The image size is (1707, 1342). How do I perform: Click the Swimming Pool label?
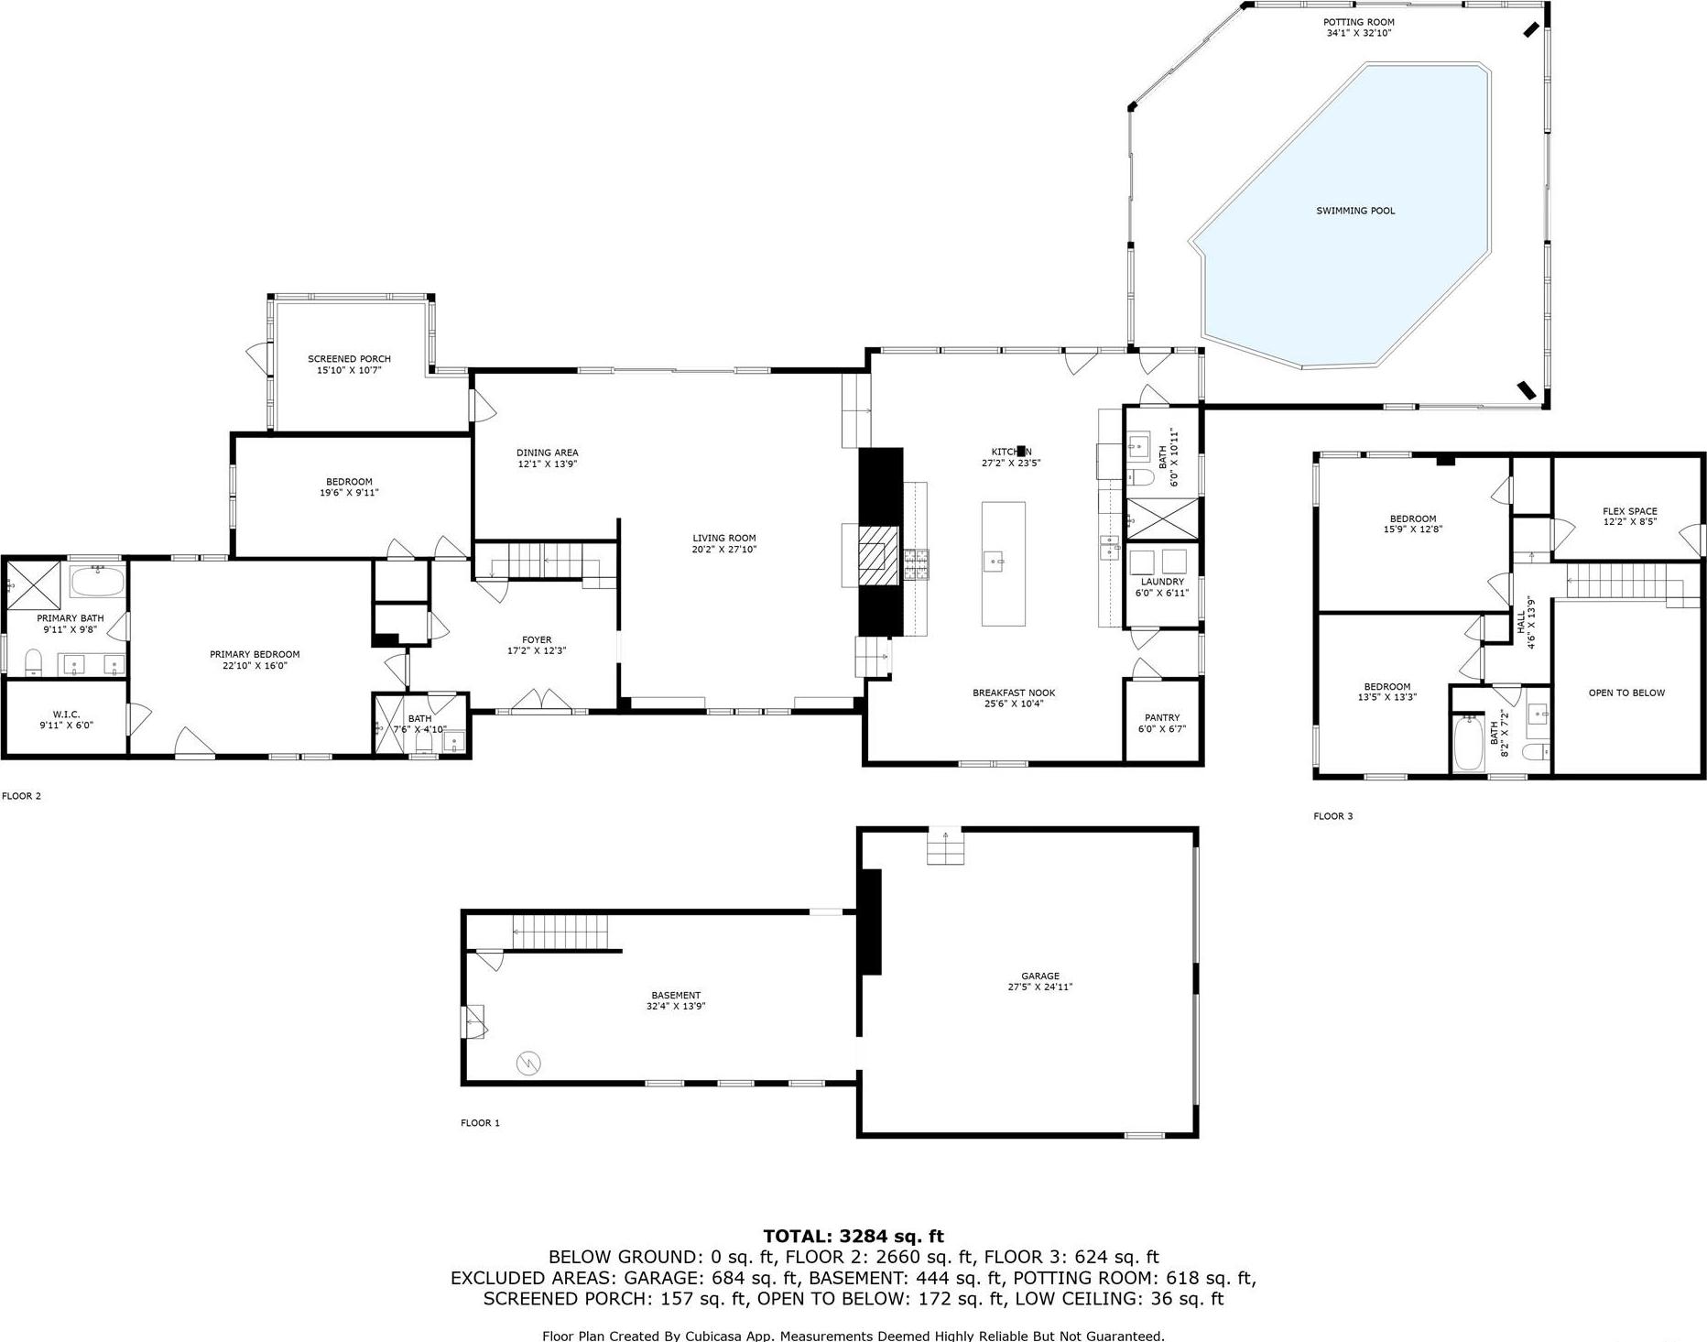(1355, 211)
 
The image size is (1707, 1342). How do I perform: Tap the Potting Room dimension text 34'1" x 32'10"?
(1358, 33)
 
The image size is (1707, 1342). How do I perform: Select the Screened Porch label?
(349, 359)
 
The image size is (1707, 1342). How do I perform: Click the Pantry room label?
(1162, 717)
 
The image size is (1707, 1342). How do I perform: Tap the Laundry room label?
(1162, 582)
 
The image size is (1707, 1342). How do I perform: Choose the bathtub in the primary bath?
(97, 581)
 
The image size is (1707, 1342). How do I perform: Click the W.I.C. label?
(66, 714)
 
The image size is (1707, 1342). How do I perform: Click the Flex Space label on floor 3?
(1629, 511)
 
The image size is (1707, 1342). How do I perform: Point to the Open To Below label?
(1626, 693)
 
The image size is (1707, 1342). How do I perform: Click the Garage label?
(1040, 976)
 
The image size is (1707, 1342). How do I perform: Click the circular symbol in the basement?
(528, 1064)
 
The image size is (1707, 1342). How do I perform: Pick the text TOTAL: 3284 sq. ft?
(853, 1236)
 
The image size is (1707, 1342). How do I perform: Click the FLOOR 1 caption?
(480, 1122)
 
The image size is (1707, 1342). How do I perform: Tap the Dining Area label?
(547, 453)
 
